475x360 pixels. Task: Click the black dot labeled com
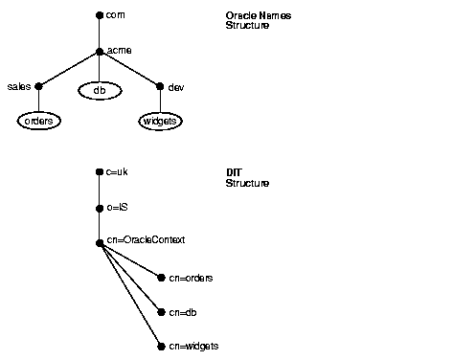point(100,16)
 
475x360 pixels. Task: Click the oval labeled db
point(99,90)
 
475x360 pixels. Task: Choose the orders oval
point(38,122)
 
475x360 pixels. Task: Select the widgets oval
point(160,122)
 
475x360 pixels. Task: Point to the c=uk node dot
point(100,172)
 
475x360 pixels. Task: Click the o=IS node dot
point(100,208)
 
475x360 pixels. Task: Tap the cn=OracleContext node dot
point(100,243)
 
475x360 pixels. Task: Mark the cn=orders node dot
point(160,278)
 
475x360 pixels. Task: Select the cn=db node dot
point(160,312)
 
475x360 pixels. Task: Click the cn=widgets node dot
point(160,347)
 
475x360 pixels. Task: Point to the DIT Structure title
point(247,177)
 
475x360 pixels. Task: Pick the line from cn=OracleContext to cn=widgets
point(129,295)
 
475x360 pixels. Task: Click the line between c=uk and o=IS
point(100,191)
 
